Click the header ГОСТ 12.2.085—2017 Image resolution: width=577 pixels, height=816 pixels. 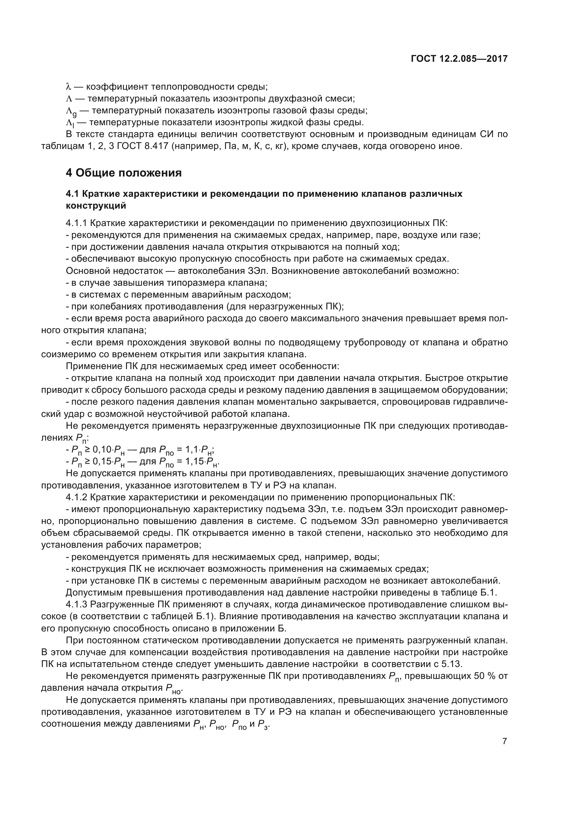[x=459, y=59]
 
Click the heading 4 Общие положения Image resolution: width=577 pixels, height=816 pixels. [x=123, y=173]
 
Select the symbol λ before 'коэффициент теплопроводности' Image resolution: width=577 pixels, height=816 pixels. [x=69, y=87]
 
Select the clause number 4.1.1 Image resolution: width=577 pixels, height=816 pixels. [x=76, y=223]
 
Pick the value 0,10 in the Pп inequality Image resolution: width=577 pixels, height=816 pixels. [x=102, y=450]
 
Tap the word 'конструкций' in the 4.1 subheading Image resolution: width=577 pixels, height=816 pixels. [x=96, y=206]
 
